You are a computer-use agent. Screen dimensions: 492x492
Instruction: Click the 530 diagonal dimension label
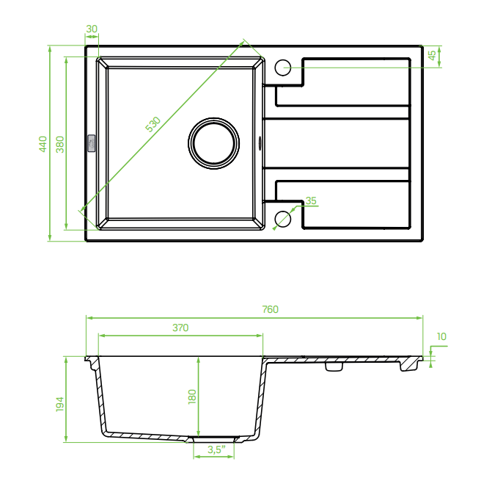coord(153,124)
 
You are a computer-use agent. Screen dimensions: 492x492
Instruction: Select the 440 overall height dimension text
coord(43,144)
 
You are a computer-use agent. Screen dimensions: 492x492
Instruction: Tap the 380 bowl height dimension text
coord(60,144)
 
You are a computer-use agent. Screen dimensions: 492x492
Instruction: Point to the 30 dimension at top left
coord(92,29)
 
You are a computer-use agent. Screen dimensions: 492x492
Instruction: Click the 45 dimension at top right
coord(432,55)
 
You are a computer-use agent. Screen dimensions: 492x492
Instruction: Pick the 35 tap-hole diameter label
coord(311,200)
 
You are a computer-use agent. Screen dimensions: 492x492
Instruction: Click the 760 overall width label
coord(270,309)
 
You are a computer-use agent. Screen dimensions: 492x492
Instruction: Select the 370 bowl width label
coord(180,328)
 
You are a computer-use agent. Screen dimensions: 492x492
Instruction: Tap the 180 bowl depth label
coord(192,397)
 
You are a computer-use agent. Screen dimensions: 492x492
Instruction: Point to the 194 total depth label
coord(60,404)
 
